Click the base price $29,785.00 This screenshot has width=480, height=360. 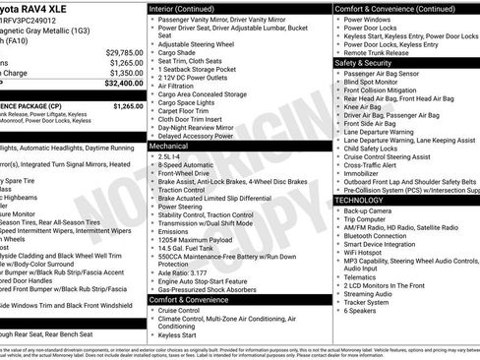(123, 51)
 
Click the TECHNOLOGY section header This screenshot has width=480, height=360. (360, 200)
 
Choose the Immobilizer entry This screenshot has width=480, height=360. (365, 171)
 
